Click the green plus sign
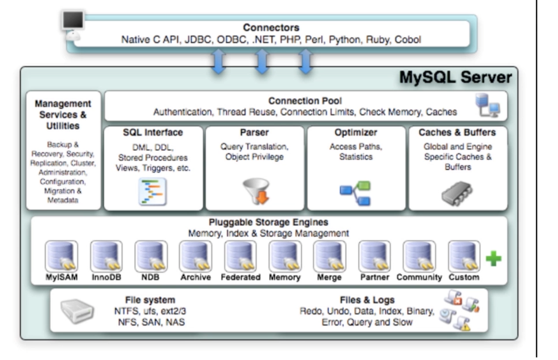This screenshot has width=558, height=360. pos(492,259)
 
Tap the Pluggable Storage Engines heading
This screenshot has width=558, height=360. pos(268,222)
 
